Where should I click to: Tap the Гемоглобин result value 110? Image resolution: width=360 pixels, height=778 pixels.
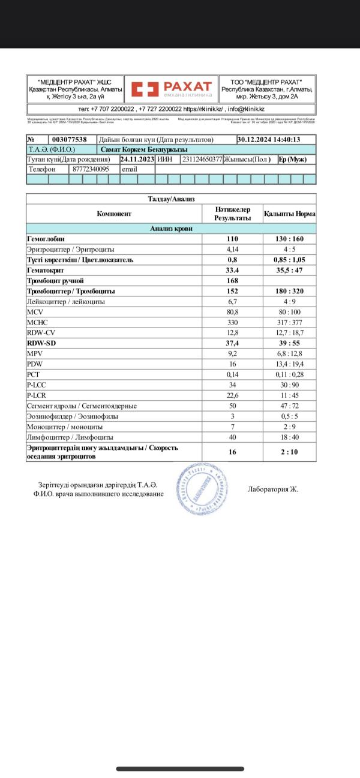pos(232,239)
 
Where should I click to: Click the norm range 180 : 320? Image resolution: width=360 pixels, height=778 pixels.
pos(289,292)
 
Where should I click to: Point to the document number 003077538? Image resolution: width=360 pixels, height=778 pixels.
pos(70,139)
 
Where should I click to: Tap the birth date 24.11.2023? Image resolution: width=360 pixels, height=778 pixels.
pos(137,160)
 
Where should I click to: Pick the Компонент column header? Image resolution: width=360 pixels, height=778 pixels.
pos(114,214)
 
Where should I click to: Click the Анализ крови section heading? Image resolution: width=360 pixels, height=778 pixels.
pos(171,229)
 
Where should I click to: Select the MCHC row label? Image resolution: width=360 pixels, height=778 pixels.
pos(37,323)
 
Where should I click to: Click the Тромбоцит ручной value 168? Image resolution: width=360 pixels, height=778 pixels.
pos(232,281)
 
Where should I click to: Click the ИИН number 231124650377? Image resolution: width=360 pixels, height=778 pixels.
pos(202,160)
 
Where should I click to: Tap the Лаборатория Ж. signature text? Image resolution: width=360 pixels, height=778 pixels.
pos(273,489)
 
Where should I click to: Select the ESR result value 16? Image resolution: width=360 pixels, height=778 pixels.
pos(232,452)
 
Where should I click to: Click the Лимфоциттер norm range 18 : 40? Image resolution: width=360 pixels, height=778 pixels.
pos(289,437)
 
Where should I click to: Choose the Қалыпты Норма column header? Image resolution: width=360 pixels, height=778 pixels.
pos(289,214)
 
